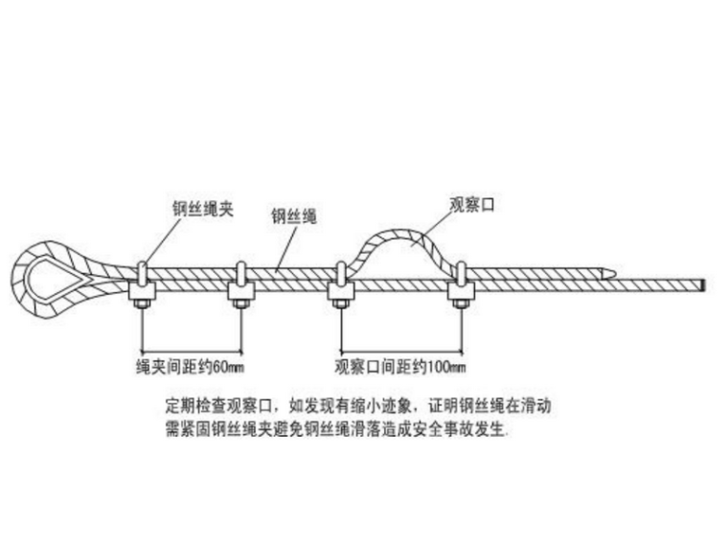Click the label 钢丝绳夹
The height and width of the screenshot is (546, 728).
[x=202, y=208]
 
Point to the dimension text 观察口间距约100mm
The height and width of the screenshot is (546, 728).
[x=402, y=367]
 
